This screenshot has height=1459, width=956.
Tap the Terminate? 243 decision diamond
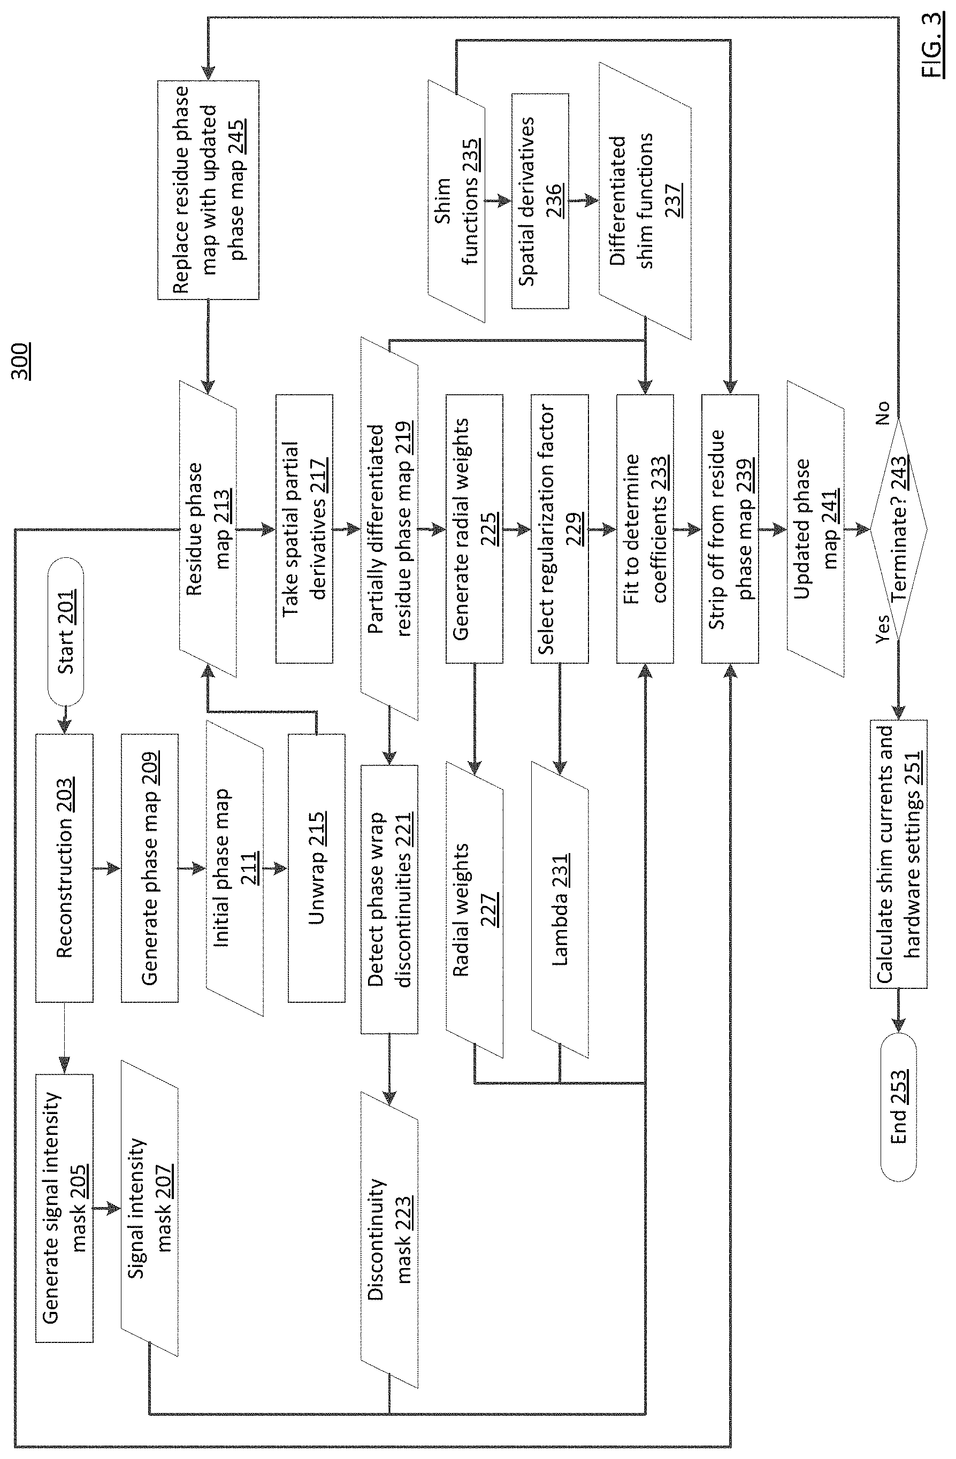click(898, 529)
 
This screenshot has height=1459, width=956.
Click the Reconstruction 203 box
click(64, 868)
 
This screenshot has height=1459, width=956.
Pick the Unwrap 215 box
click(316, 868)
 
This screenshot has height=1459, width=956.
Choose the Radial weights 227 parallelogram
click(475, 910)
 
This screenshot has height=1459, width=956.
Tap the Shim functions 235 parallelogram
click(456, 201)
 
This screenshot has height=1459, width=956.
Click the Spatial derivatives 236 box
click(540, 201)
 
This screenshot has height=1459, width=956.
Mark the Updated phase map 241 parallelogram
click(816, 529)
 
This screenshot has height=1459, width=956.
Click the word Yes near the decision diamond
click(882, 628)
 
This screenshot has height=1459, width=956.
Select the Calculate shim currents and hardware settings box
click(898, 854)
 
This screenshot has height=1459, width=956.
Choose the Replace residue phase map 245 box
click(209, 190)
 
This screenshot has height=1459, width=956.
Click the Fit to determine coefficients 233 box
click(645, 529)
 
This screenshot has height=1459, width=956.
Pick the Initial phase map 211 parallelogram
click(235, 868)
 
